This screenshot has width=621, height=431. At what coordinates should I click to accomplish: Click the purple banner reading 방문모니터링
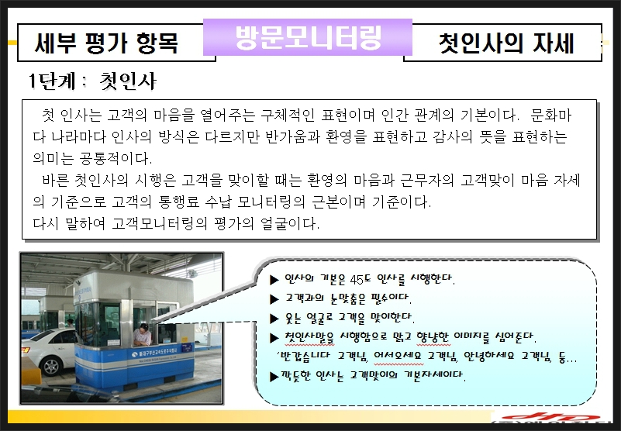click(x=308, y=37)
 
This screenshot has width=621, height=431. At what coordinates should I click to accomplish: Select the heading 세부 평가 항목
click(x=106, y=43)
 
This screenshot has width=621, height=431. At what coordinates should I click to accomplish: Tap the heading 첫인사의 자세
click(x=506, y=43)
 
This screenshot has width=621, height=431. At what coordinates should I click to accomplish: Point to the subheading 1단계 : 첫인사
click(x=92, y=81)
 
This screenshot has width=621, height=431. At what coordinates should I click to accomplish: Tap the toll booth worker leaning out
click(x=142, y=334)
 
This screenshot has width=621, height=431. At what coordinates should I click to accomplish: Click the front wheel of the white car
click(x=51, y=366)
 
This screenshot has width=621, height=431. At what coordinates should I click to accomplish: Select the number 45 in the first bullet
click(x=357, y=280)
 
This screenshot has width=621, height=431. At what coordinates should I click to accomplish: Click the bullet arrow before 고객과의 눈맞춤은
click(x=274, y=299)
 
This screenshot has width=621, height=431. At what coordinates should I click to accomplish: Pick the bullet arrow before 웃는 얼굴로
click(x=274, y=319)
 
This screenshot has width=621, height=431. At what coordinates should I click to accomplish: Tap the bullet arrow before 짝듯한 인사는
click(x=274, y=376)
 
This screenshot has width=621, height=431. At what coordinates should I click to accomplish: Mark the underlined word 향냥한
click(x=433, y=337)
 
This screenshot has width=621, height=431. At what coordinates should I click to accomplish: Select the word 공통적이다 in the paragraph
click(x=114, y=158)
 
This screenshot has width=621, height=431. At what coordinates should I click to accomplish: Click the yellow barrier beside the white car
click(x=31, y=371)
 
